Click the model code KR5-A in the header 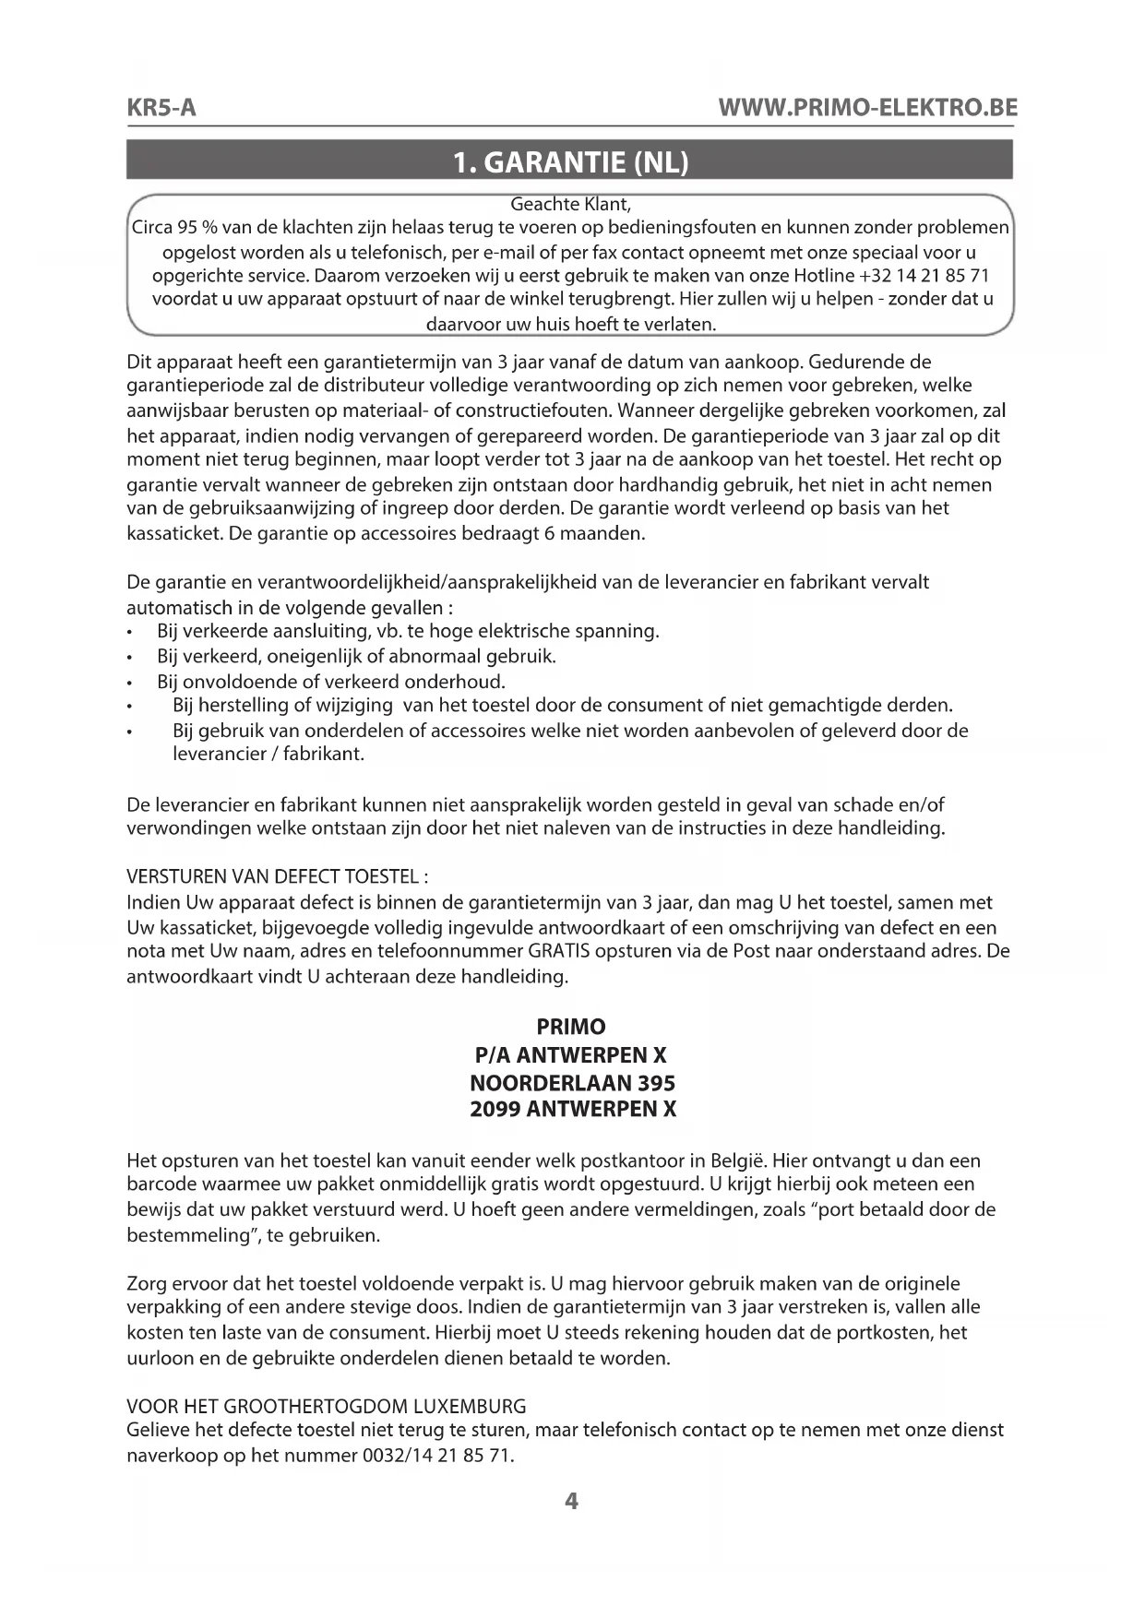(161, 108)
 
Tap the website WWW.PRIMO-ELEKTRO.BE (866, 108)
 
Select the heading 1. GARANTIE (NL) (570, 162)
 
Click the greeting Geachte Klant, (570, 204)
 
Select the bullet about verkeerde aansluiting (408, 632)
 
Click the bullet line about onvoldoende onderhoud (331, 682)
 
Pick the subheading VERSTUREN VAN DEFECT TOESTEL (277, 875)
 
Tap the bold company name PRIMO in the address (570, 1027)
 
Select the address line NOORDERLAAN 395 (572, 1082)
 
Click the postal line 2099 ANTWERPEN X (572, 1109)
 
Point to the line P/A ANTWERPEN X (570, 1054)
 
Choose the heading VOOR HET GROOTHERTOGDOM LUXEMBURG (326, 1407)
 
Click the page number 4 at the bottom (571, 1502)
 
